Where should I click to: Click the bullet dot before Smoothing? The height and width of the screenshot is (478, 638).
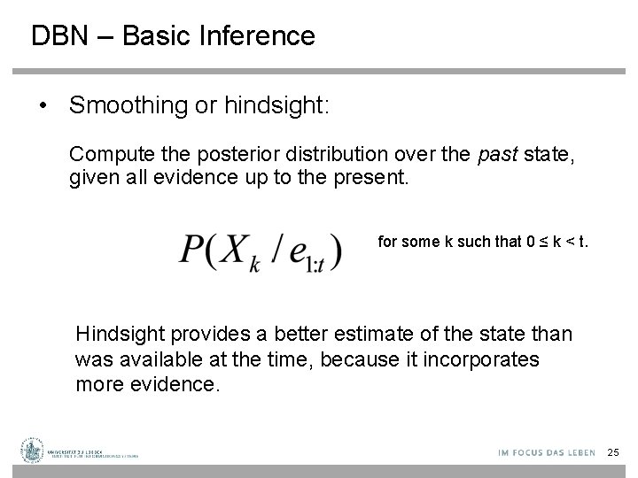[x=43, y=106]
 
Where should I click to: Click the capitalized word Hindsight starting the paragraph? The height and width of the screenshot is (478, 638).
[x=116, y=335]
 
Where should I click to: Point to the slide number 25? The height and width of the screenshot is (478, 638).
[x=613, y=452]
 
